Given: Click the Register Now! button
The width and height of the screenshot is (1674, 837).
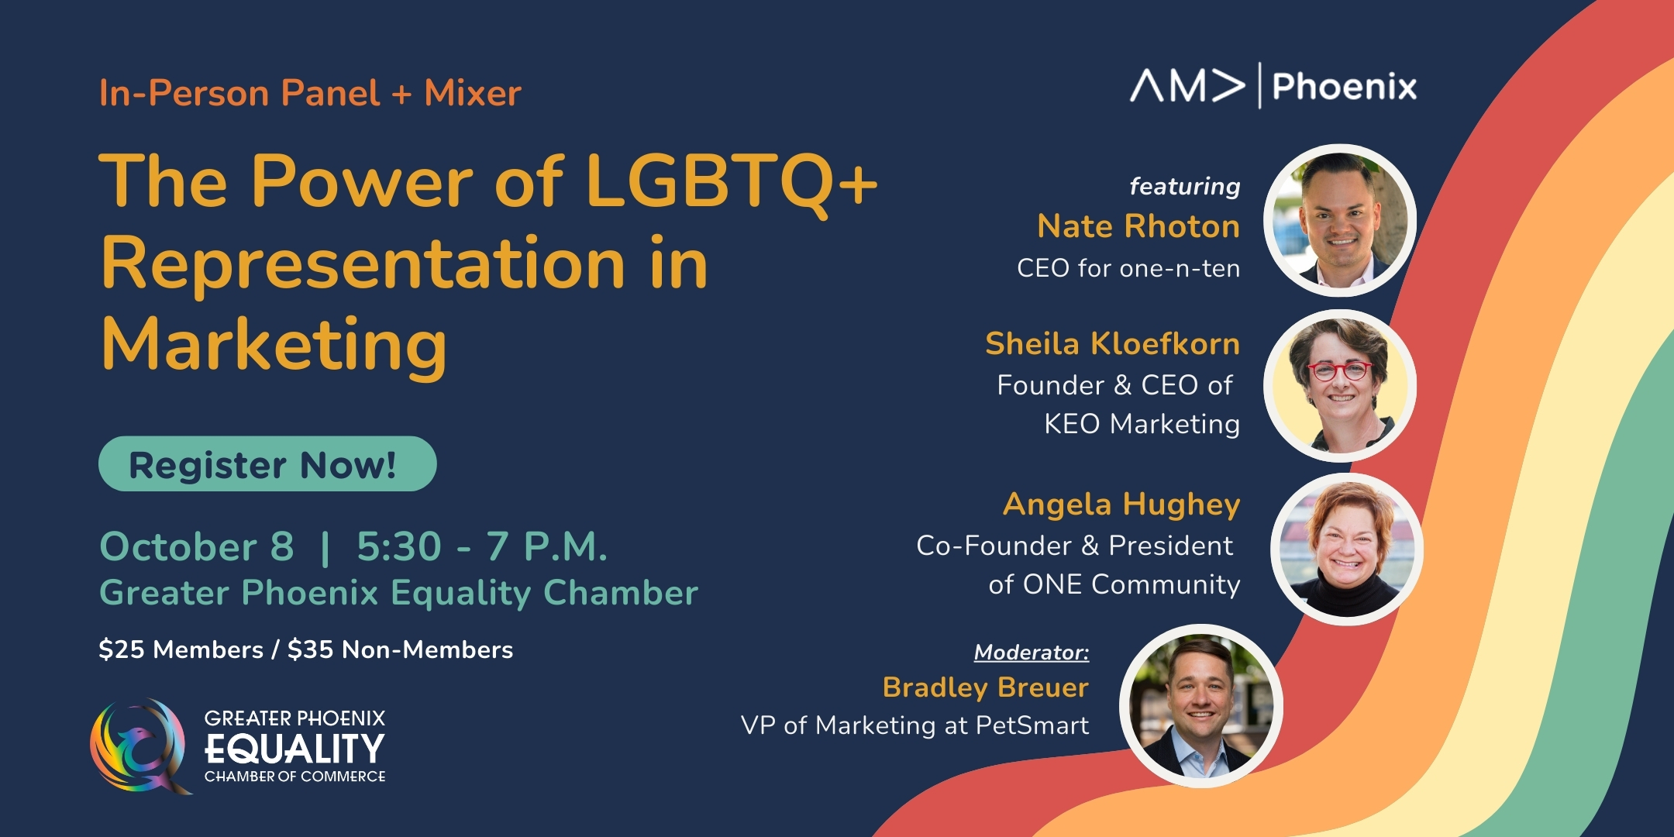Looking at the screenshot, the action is tap(267, 463).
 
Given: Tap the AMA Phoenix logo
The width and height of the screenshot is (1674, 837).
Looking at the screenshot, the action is tap(1273, 85).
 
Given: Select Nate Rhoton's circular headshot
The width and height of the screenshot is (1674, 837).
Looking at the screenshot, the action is tap(1340, 220).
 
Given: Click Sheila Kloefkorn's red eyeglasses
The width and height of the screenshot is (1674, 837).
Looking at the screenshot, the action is tap(1340, 370).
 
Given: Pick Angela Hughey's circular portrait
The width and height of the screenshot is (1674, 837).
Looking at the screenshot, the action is tap(1347, 549).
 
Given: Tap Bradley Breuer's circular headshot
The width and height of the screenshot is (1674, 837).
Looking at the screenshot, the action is tap(1200, 706).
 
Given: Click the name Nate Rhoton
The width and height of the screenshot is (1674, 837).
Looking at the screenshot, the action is tap(1138, 226).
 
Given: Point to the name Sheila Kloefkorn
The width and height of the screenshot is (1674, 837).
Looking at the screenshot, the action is tap(1112, 343).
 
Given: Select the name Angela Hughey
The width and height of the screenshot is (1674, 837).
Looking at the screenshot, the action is tap(1121, 505).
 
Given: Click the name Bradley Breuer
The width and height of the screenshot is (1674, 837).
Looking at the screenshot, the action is tap(985, 687).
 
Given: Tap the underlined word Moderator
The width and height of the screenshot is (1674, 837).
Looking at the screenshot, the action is tap(1031, 653).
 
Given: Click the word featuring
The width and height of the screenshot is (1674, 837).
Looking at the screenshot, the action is tap(1185, 187).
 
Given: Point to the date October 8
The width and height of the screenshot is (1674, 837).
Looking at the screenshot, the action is tap(197, 546).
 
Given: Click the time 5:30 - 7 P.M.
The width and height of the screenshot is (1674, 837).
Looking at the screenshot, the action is tap(482, 546).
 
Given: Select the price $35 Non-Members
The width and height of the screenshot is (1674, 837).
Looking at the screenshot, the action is tap(400, 649).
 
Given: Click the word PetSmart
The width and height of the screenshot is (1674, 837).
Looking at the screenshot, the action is tap(1032, 725).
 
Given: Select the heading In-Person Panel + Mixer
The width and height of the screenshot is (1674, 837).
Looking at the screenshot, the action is tap(310, 93).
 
